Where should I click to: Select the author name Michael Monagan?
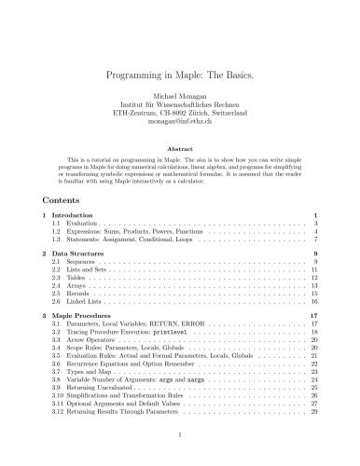(x=180, y=96)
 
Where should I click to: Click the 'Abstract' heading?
(x=180, y=147)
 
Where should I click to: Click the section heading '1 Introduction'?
(x=76, y=216)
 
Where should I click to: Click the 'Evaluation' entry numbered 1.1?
(x=82, y=225)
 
